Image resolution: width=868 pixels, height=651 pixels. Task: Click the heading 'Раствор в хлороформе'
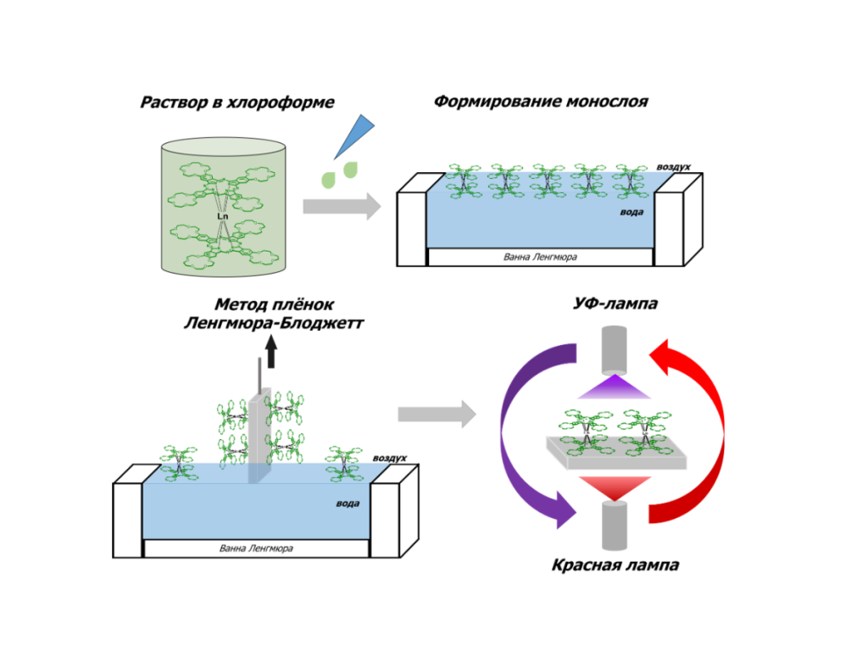coord(237,103)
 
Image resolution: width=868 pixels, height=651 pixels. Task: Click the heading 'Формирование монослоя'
coord(541,102)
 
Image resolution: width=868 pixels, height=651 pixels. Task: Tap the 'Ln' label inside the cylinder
coord(222,216)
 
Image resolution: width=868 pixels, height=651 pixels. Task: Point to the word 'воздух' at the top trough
coord(675,166)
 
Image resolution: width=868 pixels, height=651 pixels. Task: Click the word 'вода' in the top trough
coord(631,211)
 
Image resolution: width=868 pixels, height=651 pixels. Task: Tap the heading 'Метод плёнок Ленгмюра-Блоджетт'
coord(269,314)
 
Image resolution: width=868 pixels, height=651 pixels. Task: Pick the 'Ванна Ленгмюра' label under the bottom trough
coord(257,548)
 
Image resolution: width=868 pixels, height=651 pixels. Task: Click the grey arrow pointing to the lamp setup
coord(437,415)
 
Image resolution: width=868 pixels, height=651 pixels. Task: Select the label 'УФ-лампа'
coord(615,304)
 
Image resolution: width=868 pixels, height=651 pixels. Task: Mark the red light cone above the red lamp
coord(615,487)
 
